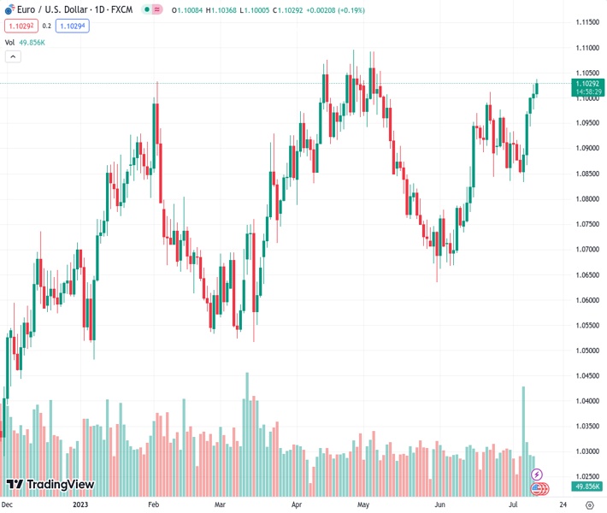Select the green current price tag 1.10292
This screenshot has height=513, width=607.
pos(589,84)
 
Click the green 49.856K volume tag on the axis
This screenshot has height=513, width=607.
pos(587,486)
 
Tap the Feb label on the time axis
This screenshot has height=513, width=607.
pos(153,504)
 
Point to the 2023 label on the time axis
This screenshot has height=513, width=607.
pos(80,504)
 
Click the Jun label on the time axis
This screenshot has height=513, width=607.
pos(439,504)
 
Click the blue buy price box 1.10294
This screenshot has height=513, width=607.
pos(72,26)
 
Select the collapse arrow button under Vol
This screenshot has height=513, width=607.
pos(13,56)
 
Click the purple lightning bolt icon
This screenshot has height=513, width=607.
pos(537,474)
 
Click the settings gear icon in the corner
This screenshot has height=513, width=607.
pos(589,504)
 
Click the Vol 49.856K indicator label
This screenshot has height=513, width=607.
pos(26,42)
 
